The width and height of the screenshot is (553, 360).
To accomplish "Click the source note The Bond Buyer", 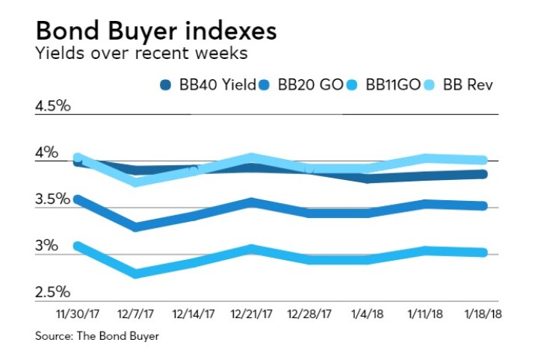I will click(x=97, y=337).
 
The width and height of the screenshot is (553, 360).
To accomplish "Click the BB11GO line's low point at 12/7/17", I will click(x=135, y=274).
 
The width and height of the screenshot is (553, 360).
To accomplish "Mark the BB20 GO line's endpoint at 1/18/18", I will click(x=484, y=206).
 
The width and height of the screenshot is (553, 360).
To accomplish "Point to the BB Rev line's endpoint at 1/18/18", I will click(x=484, y=160).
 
